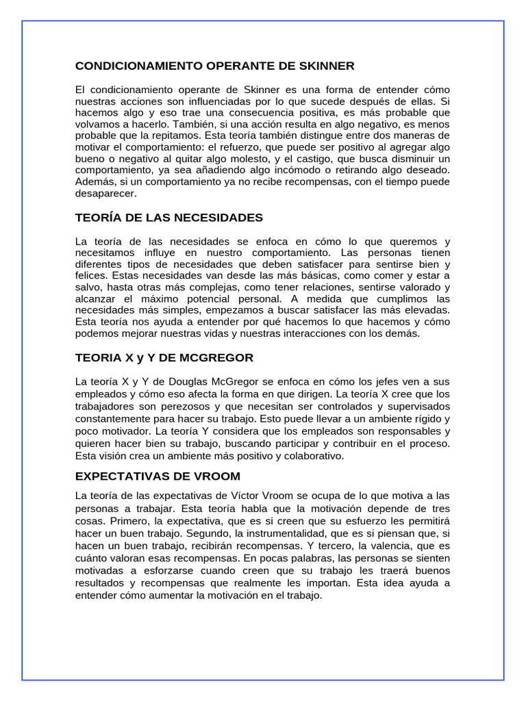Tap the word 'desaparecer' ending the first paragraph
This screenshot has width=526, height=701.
[105, 193]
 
